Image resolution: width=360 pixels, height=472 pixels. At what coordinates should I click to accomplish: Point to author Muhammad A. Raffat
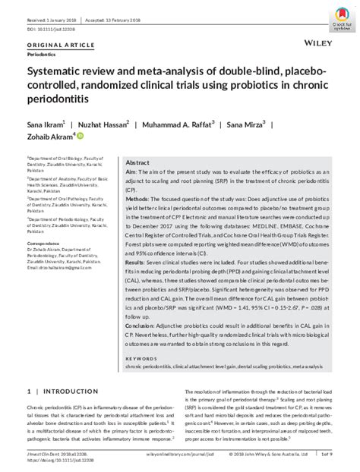[180, 122]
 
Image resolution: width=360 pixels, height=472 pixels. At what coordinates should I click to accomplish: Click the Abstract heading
[137, 163]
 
